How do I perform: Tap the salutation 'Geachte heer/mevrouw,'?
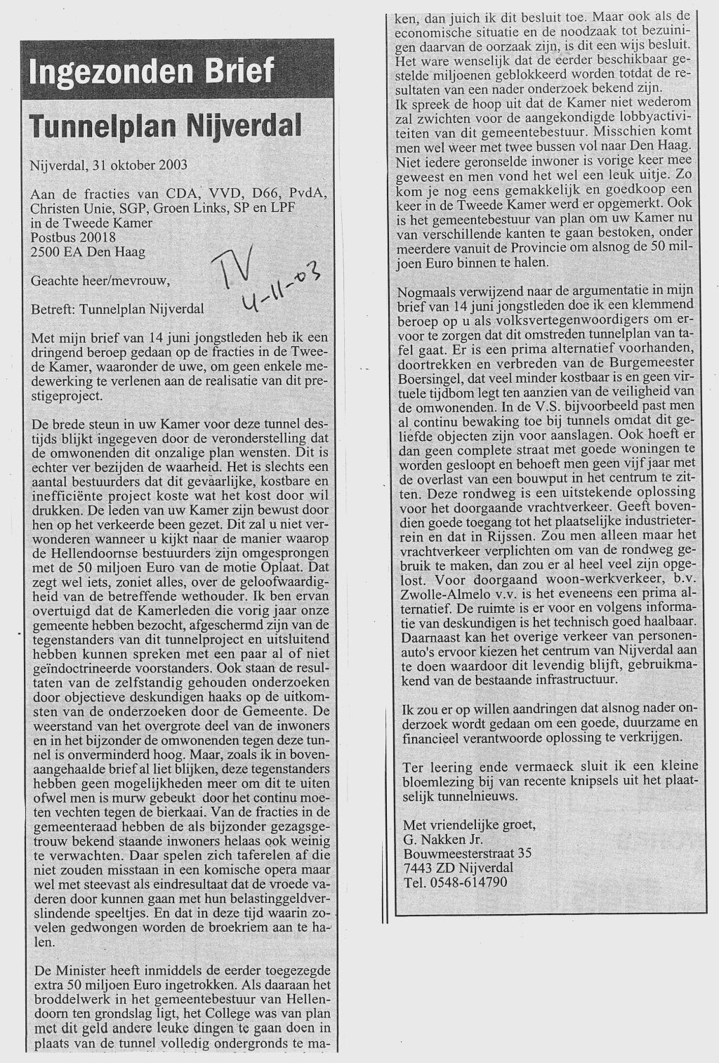point(101,281)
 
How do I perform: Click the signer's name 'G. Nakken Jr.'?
point(443,838)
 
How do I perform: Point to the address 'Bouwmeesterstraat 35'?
point(467,853)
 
